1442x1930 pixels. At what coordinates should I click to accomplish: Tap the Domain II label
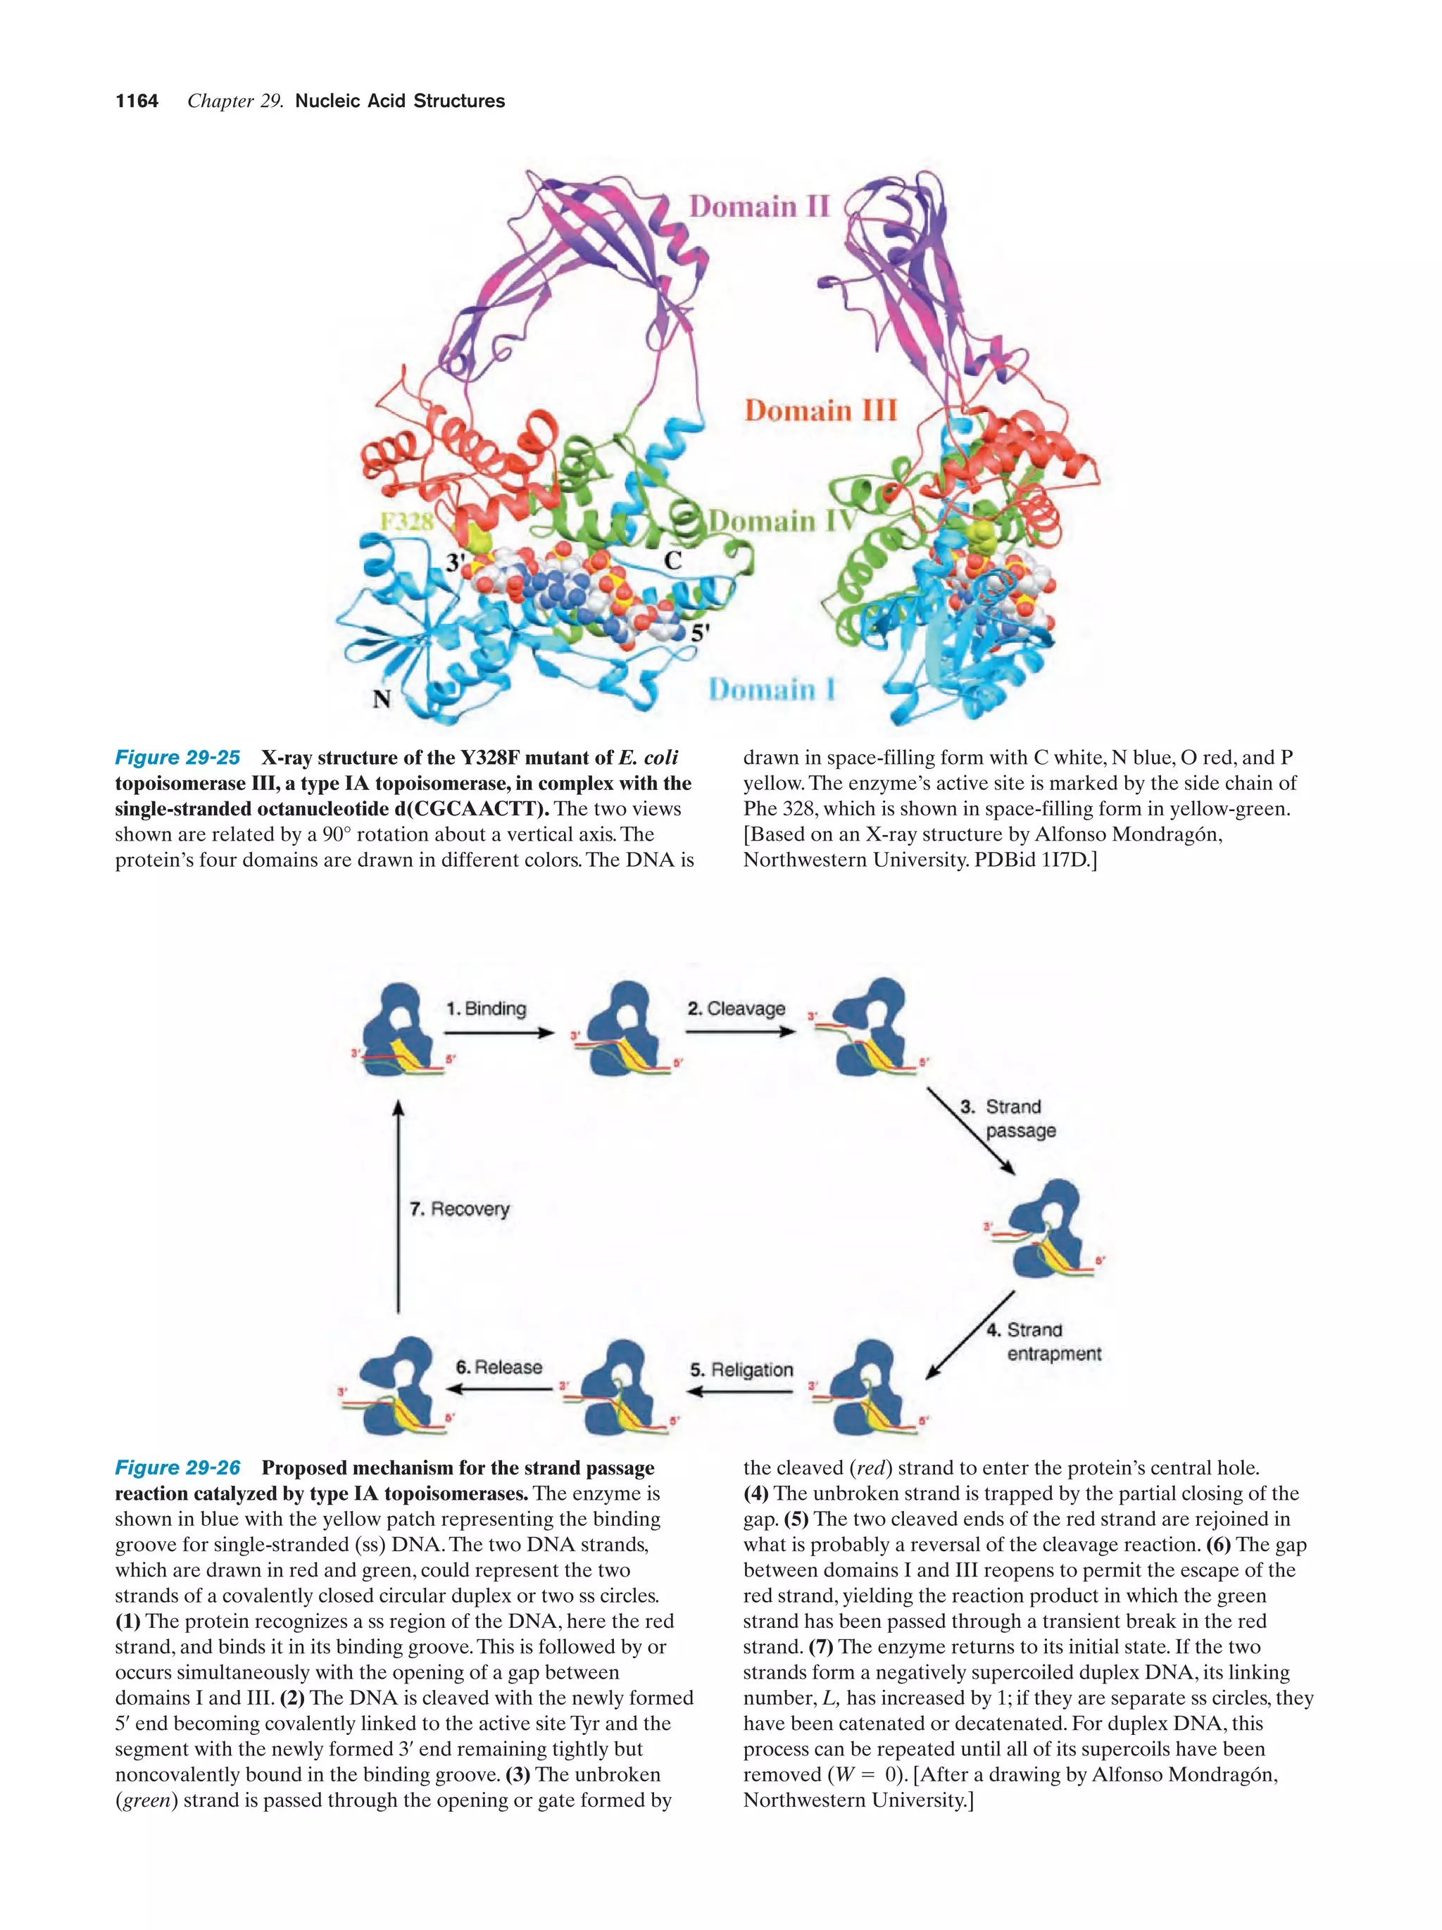click(759, 207)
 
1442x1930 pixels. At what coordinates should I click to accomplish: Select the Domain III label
click(820, 410)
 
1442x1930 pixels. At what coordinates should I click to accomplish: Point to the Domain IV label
click(782, 521)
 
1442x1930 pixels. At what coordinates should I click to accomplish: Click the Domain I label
click(771, 689)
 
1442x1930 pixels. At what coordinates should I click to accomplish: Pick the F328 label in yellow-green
click(406, 522)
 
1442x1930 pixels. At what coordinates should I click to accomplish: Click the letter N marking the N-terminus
click(381, 699)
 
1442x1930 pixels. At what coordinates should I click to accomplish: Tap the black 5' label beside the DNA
click(701, 634)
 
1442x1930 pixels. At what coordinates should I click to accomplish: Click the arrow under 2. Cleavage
click(740, 1032)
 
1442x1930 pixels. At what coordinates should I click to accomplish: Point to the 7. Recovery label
click(459, 1209)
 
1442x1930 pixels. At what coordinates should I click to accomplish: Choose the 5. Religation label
click(741, 1370)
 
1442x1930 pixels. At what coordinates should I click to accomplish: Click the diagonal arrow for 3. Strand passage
click(970, 1131)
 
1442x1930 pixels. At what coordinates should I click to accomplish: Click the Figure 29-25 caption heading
click(177, 758)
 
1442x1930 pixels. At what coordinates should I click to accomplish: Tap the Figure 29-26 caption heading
click(177, 1467)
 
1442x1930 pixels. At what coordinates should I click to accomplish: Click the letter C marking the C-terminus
click(672, 560)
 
